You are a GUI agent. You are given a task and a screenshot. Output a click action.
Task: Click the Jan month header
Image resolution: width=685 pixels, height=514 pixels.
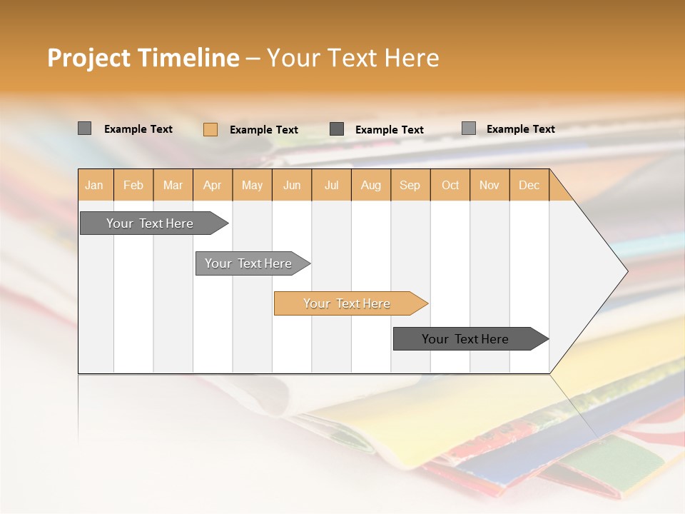point(94,185)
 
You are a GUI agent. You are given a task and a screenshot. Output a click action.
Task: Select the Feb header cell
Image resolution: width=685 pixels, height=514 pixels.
point(133,185)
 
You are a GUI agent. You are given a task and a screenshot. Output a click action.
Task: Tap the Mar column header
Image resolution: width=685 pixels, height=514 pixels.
point(173,185)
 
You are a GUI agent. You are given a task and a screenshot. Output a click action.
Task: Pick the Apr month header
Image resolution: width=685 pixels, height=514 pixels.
point(212,185)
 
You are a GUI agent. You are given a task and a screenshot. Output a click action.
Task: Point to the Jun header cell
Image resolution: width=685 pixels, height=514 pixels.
point(292,185)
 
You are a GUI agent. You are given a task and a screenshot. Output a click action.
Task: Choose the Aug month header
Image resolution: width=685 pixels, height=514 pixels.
point(370,185)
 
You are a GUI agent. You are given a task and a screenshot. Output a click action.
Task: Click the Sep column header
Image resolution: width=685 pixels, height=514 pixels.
point(410,185)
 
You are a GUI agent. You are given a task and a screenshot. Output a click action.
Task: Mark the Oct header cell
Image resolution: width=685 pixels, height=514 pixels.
point(450,185)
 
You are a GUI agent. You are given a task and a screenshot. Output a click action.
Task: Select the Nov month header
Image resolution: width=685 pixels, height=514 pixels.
point(489,185)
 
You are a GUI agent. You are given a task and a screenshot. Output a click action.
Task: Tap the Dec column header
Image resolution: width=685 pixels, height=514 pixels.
point(529,185)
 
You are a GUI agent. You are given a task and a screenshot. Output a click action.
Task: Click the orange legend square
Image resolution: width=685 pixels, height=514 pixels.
point(210,129)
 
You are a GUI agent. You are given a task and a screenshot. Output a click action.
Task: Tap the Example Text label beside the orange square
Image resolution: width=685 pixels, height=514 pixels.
point(263,130)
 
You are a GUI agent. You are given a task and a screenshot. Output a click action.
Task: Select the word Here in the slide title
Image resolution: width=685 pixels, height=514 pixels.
point(412,58)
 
